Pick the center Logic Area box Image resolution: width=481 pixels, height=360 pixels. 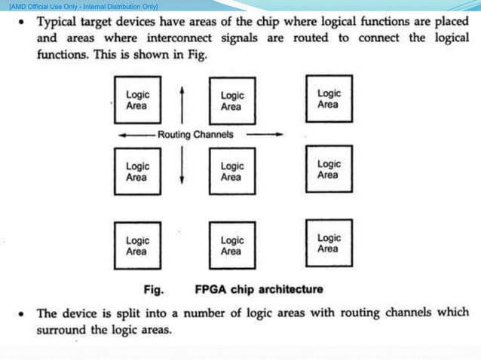coord(231,171)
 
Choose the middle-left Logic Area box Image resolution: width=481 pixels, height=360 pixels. coord(137,171)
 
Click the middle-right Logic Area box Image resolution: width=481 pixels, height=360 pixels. coord(329,169)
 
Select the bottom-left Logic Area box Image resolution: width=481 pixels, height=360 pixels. coord(137,246)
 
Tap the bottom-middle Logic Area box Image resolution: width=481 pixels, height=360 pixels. coord(231,246)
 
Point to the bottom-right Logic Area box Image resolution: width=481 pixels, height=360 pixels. coord(329,243)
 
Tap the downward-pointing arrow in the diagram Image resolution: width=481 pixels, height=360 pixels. coord(182,166)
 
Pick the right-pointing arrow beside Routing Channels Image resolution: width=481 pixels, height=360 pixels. coord(265,135)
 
